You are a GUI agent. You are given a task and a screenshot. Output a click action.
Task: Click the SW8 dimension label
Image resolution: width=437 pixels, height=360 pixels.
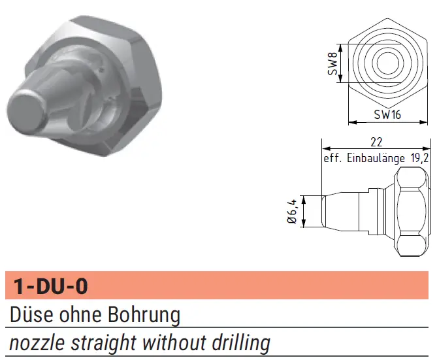pos(332,63)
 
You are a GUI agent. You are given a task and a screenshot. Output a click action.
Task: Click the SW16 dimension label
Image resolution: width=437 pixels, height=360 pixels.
pos(387,114)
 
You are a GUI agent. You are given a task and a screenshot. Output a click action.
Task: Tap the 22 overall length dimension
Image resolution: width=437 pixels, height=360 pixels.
pos(376,142)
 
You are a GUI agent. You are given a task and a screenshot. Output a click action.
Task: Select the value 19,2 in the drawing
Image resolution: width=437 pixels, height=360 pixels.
pos(419,158)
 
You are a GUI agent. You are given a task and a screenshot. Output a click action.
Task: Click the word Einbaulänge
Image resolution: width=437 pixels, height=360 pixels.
pos(376,158)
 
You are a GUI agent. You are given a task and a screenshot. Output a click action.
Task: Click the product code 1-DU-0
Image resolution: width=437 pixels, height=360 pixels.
pos(50,286)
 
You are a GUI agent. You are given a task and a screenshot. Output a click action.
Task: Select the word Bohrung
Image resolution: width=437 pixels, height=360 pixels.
pos(144,316)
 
